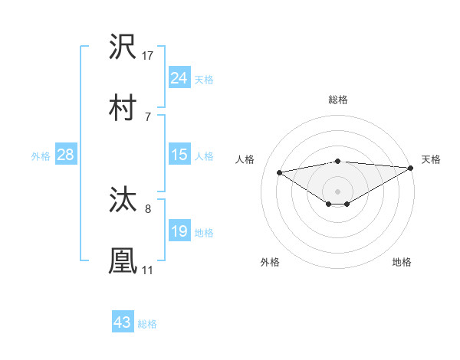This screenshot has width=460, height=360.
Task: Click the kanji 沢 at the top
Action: click(x=123, y=47)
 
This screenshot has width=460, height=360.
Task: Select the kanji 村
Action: click(x=123, y=107)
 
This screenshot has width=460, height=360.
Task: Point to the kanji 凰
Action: click(x=123, y=260)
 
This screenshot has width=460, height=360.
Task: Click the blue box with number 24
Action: click(x=179, y=77)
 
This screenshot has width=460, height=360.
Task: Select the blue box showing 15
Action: click(x=179, y=155)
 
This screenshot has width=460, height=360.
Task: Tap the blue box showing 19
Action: click(x=179, y=231)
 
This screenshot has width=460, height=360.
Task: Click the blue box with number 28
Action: click(x=65, y=155)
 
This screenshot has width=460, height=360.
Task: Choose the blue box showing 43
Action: click(x=122, y=322)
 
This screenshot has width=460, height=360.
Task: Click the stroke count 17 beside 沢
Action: click(x=148, y=55)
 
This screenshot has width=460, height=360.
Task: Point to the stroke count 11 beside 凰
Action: click(x=147, y=270)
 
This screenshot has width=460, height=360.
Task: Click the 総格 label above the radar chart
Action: click(x=337, y=100)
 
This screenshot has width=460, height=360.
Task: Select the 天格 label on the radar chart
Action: click(x=431, y=159)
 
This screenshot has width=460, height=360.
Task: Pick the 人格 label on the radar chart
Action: click(x=246, y=159)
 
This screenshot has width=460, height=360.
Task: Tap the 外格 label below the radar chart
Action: click(x=270, y=262)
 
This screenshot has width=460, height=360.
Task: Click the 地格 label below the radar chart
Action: click(x=402, y=262)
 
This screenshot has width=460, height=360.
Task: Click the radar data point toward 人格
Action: click(x=280, y=172)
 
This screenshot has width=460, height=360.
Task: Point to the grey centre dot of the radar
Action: click(x=337, y=191)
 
